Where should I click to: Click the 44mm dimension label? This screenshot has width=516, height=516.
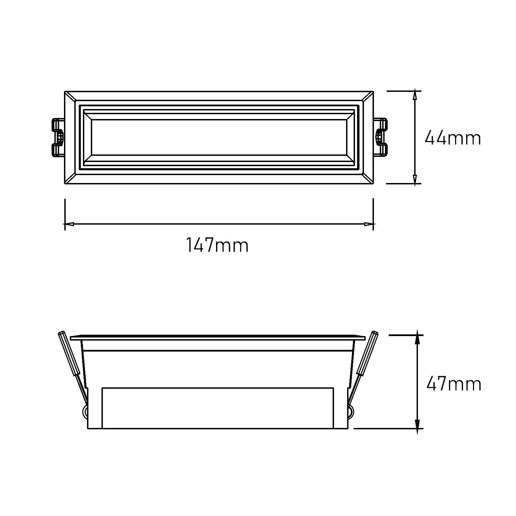pos(453,138)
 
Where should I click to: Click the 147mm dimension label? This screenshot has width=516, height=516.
pos(217,245)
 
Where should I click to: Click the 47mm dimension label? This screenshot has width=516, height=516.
pos(454,384)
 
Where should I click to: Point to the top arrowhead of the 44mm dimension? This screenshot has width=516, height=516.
pos(415,95)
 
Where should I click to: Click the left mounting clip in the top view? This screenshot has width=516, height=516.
pos(57,138)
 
